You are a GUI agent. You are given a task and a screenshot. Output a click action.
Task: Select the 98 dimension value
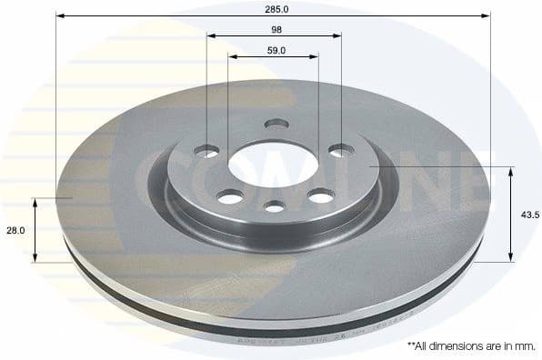(x=275, y=29)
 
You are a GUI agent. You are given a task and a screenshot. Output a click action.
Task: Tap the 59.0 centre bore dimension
(x=275, y=50)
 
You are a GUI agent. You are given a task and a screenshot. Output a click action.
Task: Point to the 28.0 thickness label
(x=14, y=231)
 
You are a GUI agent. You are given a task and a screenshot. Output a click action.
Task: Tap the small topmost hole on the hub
(x=276, y=125)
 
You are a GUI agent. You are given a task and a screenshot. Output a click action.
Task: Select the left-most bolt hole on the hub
(x=208, y=151)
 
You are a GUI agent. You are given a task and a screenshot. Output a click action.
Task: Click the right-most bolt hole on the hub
(x=341, y=150)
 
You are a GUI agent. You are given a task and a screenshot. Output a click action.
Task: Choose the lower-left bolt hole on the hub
(x=231, y=195)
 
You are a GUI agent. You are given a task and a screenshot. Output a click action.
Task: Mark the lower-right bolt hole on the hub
(x=320, y=194)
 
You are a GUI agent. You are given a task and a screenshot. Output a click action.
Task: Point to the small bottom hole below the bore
(x=276, y=207)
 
